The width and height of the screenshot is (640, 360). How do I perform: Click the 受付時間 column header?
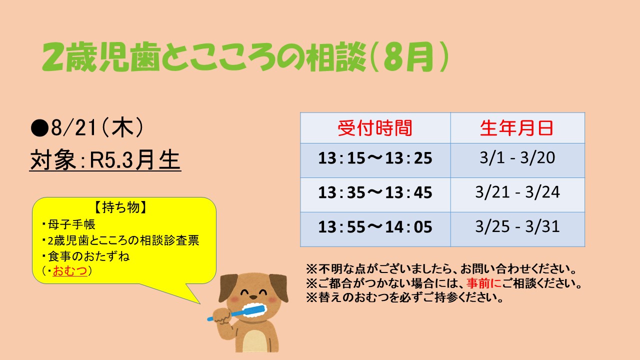coord(375,128)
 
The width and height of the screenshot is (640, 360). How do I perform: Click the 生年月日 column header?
coord(517,128)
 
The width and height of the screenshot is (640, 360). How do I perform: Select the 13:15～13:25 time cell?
coord(375,158)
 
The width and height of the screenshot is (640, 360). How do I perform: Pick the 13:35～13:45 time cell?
coord(375,192)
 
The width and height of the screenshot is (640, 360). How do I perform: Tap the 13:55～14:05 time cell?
coord(375,227)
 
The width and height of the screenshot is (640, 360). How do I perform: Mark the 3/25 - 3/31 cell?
coord(517,226)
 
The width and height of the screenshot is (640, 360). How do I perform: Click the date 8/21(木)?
coord(97,127)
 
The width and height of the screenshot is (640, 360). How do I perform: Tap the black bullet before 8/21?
coord(39,128)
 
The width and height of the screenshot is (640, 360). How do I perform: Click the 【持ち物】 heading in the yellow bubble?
coord(120,207)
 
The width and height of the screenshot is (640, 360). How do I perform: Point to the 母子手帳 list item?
coord(68,224)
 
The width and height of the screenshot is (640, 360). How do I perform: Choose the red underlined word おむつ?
coord(70,270)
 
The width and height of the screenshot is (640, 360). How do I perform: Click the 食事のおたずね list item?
coord(85,256)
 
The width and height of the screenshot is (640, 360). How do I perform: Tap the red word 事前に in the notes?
coord(484,283)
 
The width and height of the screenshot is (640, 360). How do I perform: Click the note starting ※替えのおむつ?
coord(404,297)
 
